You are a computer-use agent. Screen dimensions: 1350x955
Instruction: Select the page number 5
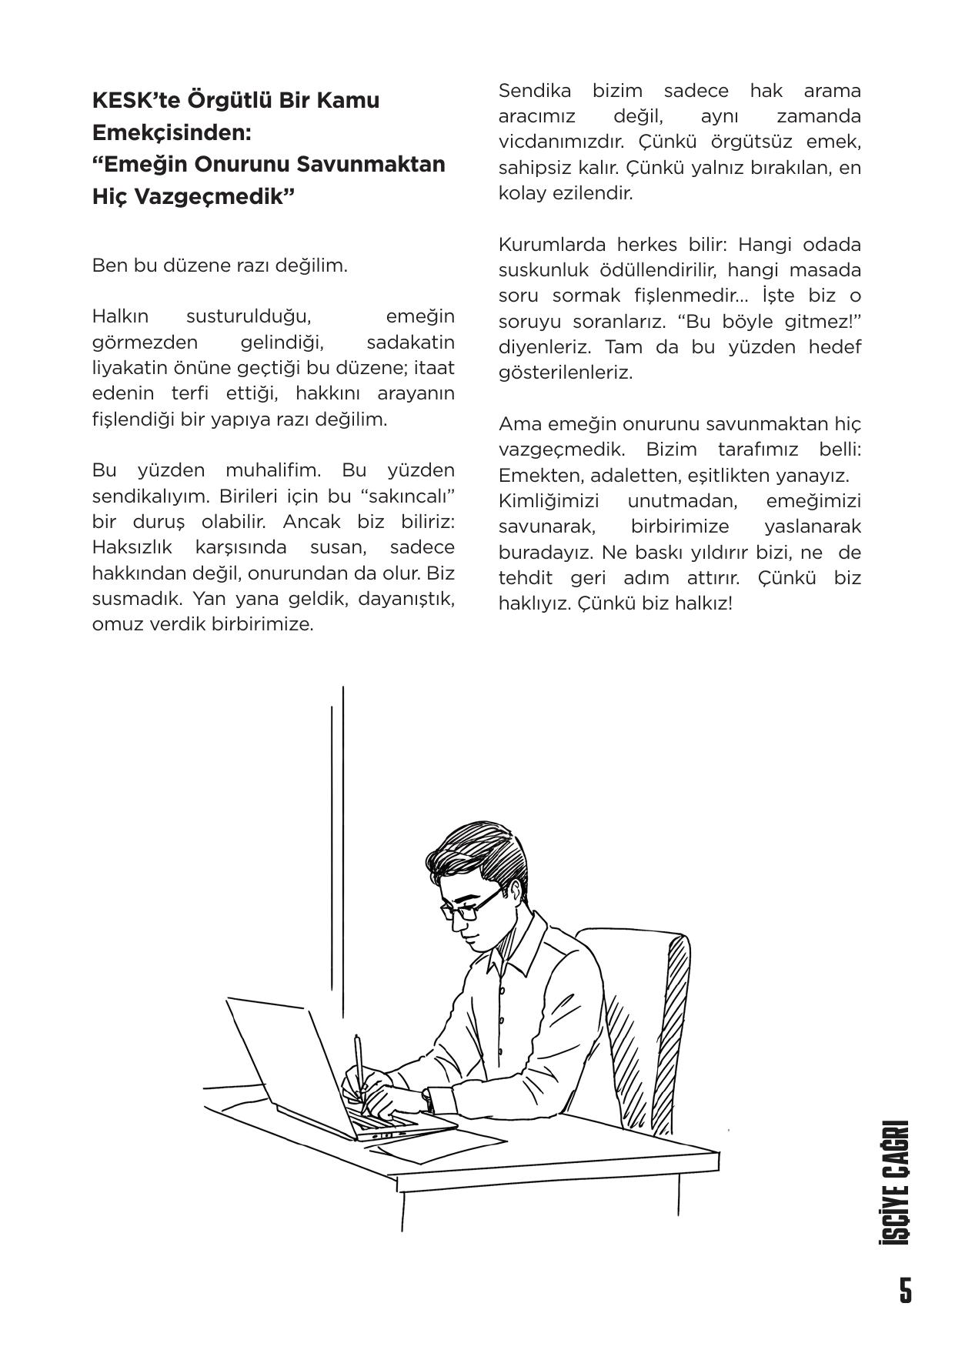pos(906,1290)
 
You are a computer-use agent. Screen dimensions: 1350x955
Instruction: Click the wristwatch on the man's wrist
pos(428,1100)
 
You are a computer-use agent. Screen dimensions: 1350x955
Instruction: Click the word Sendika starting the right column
pos(535,91)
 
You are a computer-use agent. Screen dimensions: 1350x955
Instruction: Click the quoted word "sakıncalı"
pos(409,496)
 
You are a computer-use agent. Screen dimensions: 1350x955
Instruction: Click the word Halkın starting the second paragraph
pos(119,316)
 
